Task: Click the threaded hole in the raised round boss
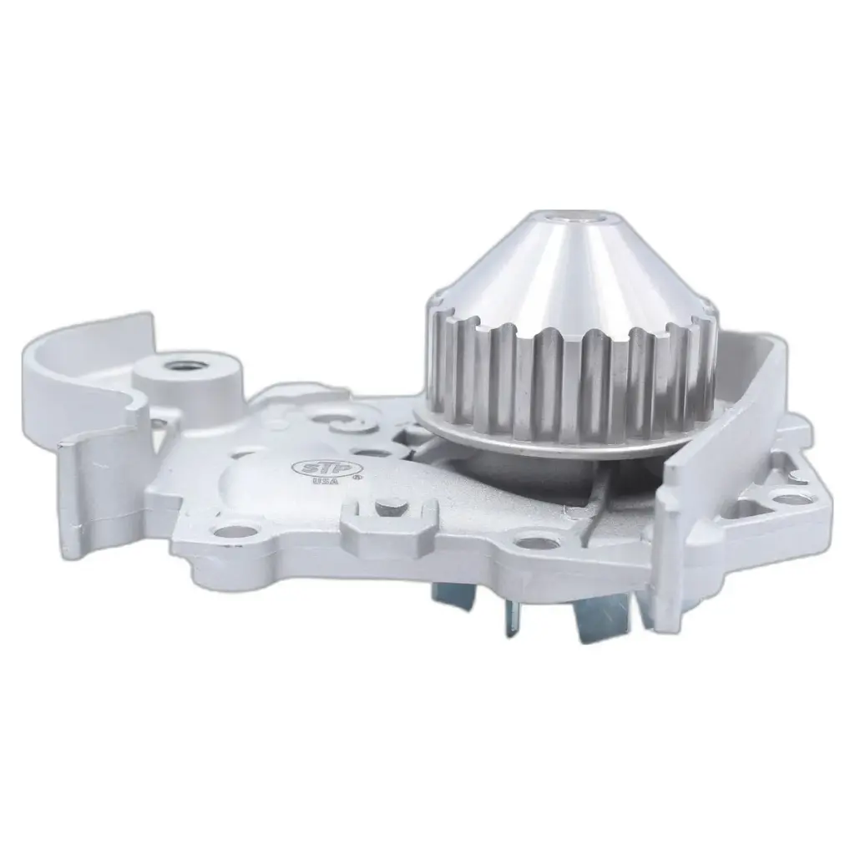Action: click(179, 365)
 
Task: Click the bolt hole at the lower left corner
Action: click(224, 531)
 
